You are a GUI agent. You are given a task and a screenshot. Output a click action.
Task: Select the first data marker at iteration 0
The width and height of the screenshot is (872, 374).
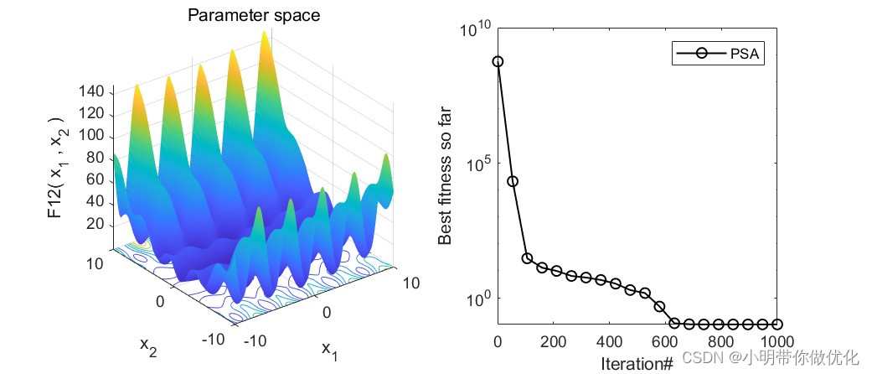[x=498, y=61]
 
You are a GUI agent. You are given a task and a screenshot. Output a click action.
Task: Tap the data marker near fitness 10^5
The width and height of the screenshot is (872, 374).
[x=513, y=181]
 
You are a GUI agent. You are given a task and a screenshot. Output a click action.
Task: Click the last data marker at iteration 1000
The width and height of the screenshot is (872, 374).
[x=777, y=324]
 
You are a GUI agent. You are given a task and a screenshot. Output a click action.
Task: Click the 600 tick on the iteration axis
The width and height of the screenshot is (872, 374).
[x=665, y=341]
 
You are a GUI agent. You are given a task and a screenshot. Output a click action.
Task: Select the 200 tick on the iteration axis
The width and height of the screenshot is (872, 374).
[x=554, y=341]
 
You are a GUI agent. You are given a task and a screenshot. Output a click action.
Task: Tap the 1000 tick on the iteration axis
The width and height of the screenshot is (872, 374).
[x=777, y=341]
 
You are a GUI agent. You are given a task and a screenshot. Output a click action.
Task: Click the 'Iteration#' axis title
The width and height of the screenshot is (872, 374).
[x=637, y=363]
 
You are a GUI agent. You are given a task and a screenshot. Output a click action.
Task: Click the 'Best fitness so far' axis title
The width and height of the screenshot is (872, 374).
[x=445, y=176]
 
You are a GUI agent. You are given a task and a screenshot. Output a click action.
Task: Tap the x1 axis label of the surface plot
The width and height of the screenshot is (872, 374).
[x=329, y=351]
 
